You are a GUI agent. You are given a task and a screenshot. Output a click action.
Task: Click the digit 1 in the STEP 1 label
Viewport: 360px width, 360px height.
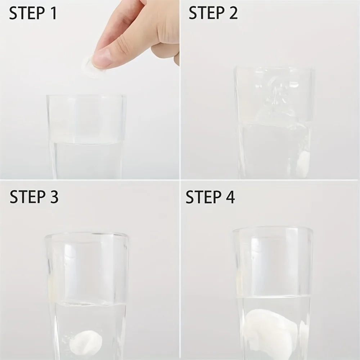point(53,13)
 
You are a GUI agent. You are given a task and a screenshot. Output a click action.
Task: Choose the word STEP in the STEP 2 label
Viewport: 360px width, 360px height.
point(206,13)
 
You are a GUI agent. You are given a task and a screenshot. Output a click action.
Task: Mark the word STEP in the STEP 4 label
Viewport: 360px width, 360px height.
point(203,197)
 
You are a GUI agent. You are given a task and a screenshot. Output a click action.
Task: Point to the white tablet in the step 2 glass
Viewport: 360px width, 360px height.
point(303,165)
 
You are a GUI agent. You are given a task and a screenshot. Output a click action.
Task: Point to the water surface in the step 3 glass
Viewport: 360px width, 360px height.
point(90,303)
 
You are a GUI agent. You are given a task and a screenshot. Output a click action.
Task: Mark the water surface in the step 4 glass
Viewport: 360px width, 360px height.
point(275,297)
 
